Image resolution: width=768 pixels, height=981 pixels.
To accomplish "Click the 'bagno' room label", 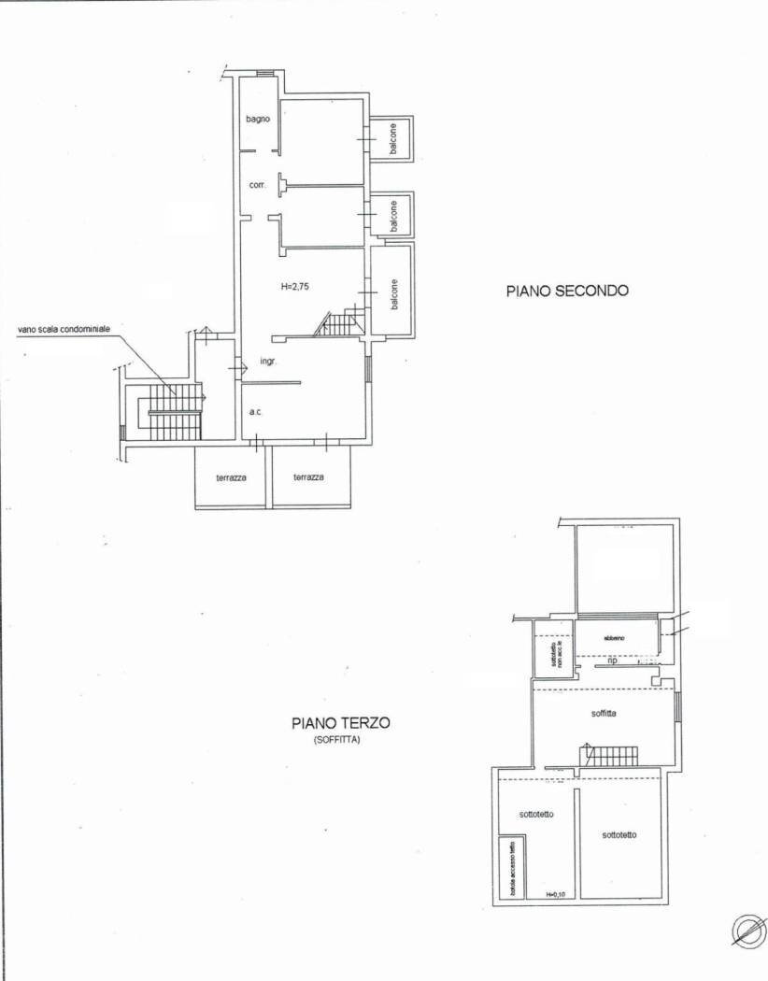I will pyautogui.click(x=259, y=119).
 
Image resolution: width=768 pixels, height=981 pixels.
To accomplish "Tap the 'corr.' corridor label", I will pyautogui.click(x=257, y=185).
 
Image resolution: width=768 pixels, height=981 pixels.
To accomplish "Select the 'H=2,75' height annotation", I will pyautogui.click(x=296, y=287).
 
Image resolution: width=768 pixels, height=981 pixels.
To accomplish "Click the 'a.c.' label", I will pyautogui.click(x=254, y=412).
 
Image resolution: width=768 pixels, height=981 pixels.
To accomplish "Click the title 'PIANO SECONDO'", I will pyautogui.click(x=567, y=291).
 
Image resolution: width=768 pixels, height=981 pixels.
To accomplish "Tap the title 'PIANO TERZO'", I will pyautogui.click(x=340, y=722).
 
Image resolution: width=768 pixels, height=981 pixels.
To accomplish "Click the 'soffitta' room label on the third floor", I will pyautogui.click(x=604, y=713).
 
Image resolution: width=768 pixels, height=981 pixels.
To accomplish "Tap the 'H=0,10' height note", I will pyautogui.click(x=557, y=894).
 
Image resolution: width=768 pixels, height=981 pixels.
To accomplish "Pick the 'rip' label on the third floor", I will pyautogui.click(x=613, y=660).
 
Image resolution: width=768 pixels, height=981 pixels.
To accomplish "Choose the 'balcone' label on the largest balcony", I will pyautogui.click(x=394, y=295).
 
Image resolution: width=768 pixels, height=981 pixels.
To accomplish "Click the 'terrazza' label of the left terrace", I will pyautogui.click(x=231, y=477).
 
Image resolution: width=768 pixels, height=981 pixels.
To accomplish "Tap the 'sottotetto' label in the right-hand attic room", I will pyautogui.click(x=619, y=834).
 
